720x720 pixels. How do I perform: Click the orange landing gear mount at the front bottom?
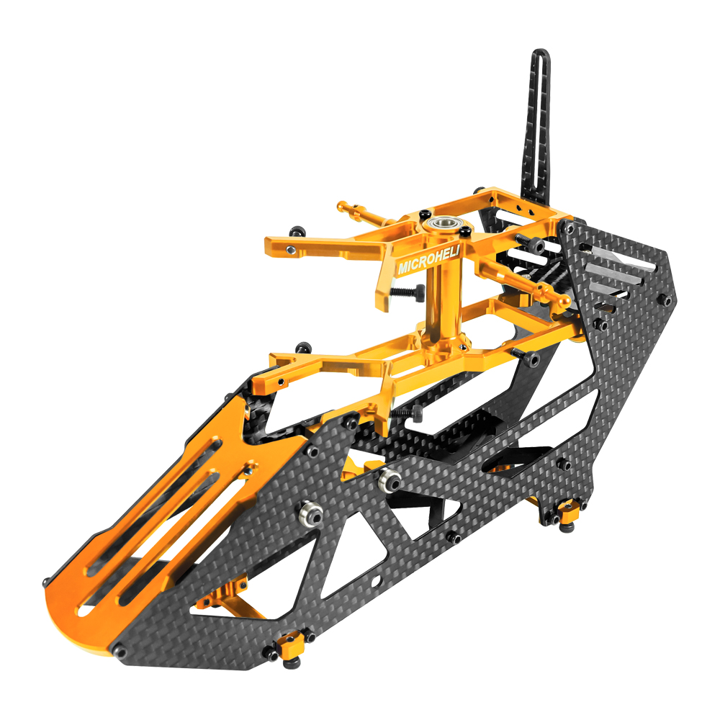(x=291, y=643)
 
